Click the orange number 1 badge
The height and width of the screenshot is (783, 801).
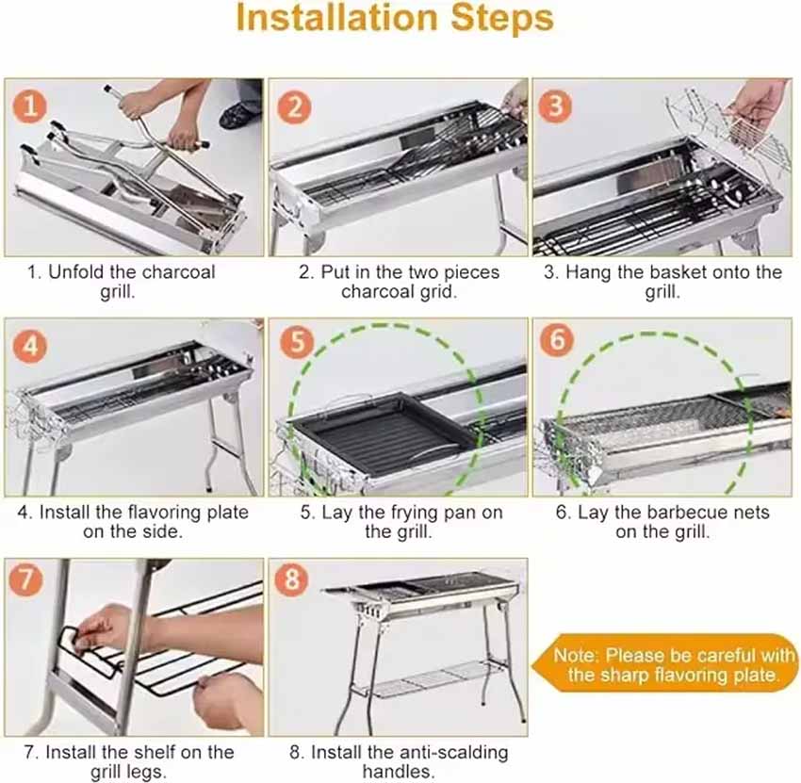(x=29, y=106)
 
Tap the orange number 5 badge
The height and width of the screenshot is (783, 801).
(x=296, y=342)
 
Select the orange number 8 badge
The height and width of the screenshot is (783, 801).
(x=291, y=579)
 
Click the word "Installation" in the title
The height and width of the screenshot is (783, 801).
(x=337, y=18)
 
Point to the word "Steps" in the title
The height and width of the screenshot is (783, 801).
(x=502, y=19)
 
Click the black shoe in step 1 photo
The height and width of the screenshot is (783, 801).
(x=239, y=116)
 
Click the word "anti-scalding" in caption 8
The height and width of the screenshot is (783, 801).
(x=453, y=752)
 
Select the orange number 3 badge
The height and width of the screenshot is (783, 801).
(x=555, y=106)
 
